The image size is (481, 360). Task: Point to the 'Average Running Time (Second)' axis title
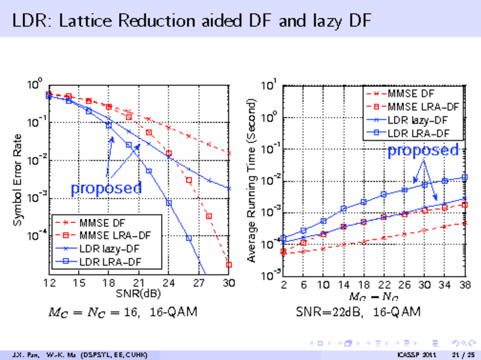253,179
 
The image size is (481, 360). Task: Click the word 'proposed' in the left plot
106,188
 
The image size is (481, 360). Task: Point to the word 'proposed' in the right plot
423,150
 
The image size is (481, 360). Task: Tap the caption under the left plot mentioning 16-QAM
122,312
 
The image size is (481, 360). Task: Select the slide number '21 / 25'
459,355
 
